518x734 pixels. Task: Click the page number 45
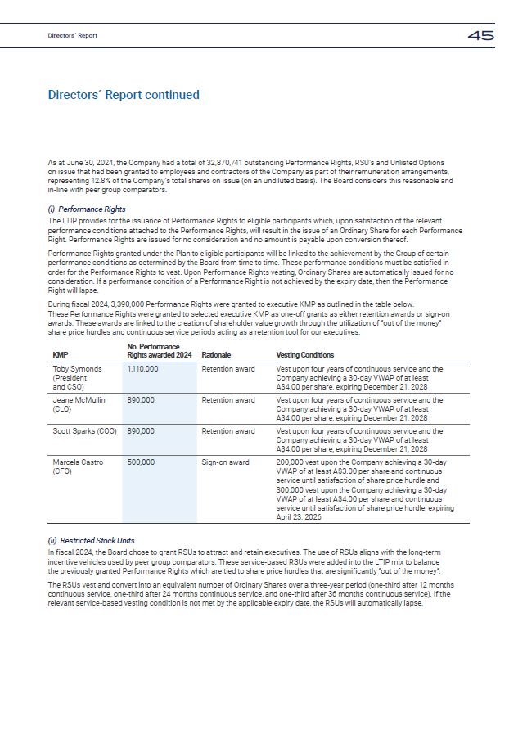click(x=480, y=35)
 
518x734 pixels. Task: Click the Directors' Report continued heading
click(x=124, y=95)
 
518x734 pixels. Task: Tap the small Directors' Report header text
click(x=72, y=36)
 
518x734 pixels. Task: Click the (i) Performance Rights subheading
click(x=87, y=209)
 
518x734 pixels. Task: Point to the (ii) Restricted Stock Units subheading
click(x=91, y=540)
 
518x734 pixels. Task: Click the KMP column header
click(x=60, y=355)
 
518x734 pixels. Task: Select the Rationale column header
click(x=216, y=355)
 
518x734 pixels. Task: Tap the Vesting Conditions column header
click(x=305, y=355)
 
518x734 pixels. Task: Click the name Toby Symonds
click(x=77, y=369)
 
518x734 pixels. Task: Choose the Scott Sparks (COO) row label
click(x=85, y=431)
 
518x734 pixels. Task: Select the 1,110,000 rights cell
click(x=143, y=369)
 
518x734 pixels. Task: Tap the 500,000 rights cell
click(x=141, y=462)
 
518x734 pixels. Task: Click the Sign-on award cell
click(x=226, y=462)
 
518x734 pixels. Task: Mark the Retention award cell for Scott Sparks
click(x=228, y=431)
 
